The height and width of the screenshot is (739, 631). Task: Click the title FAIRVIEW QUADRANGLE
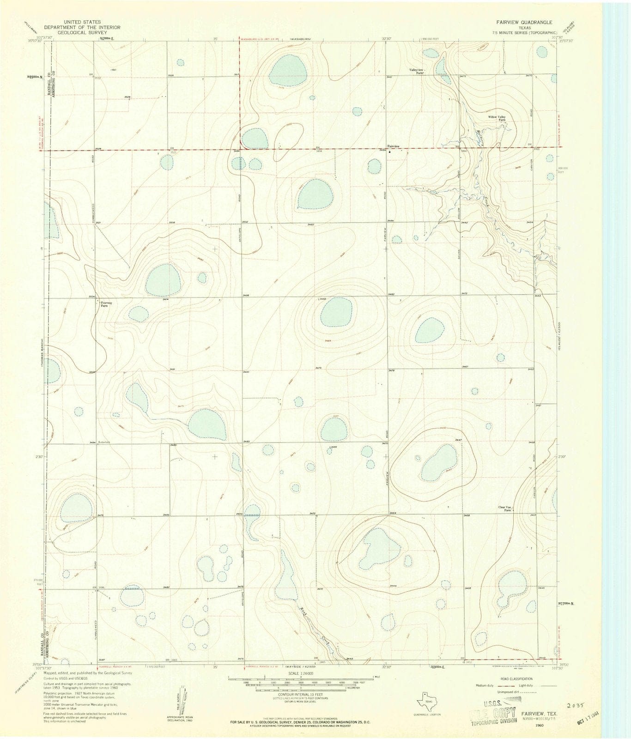[524, 22]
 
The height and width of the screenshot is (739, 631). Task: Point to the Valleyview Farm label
[417, 71]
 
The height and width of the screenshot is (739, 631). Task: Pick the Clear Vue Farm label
[506, 509]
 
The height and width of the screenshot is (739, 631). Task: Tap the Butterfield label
[105, 442]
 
